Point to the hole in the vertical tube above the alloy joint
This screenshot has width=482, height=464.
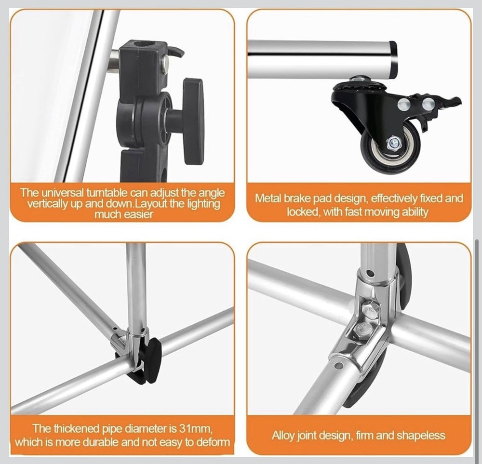(x=370, y=274)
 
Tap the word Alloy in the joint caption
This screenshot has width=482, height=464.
(x=282, y=436)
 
